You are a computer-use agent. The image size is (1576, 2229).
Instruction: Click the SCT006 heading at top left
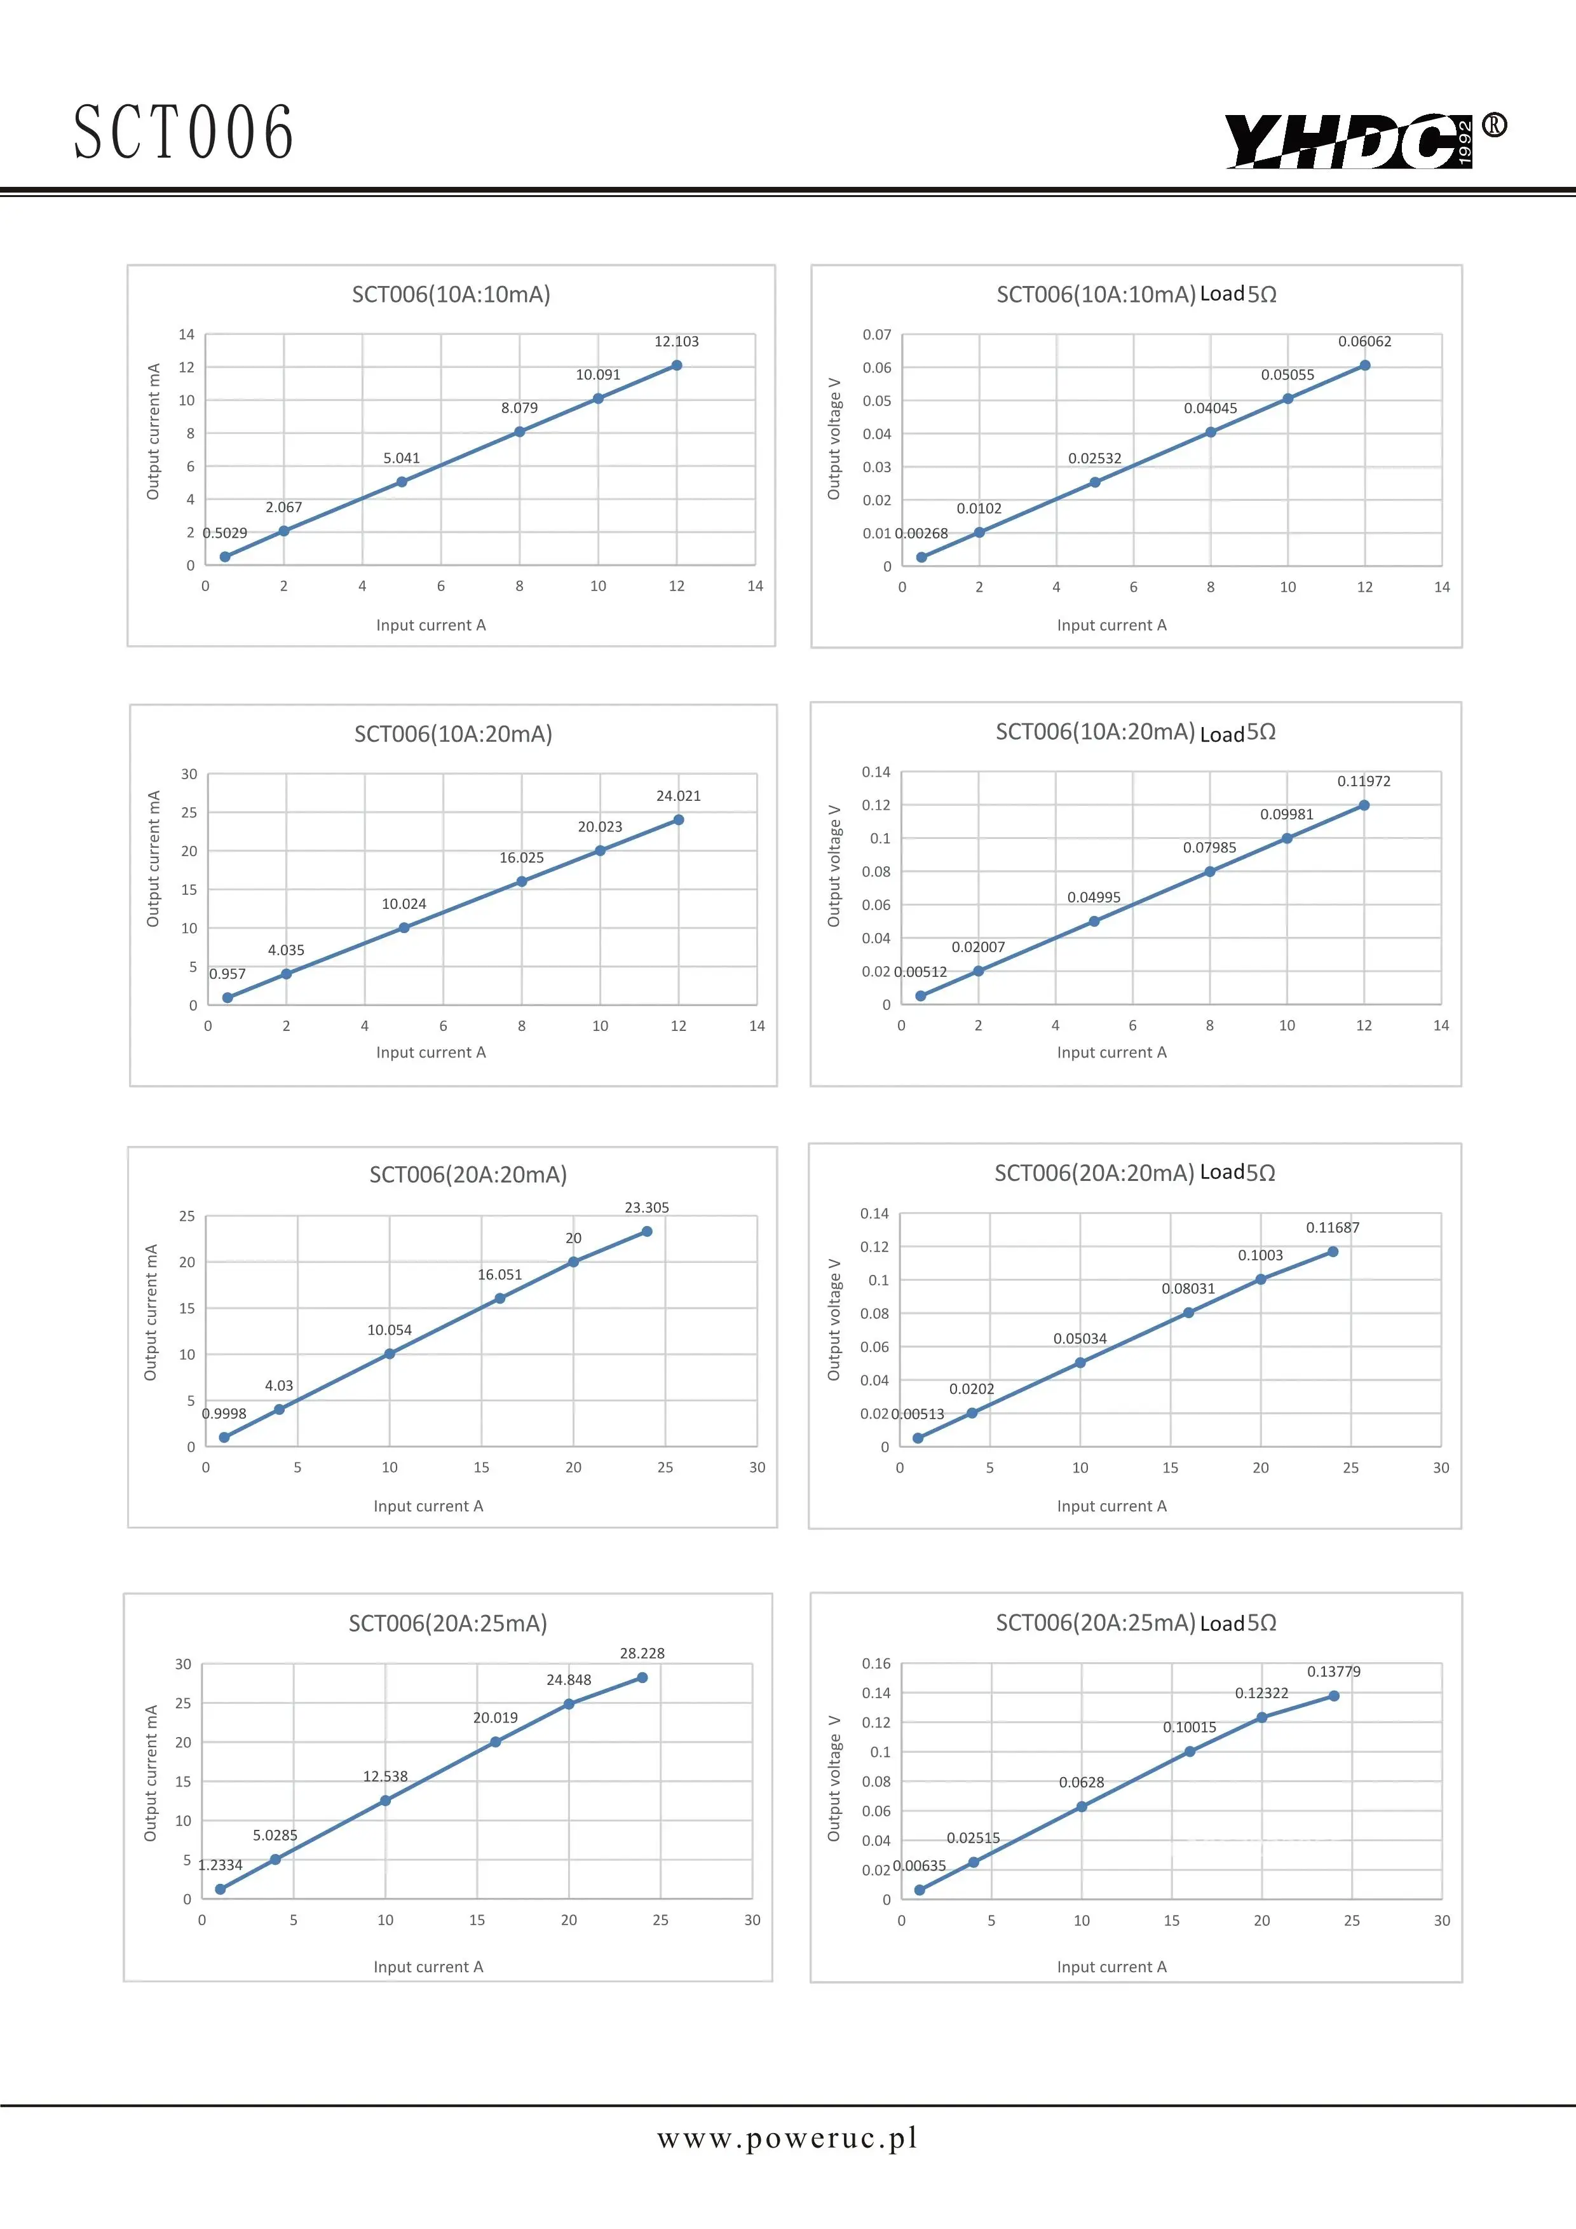184,133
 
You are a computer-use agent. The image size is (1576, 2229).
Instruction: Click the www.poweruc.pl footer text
787,2137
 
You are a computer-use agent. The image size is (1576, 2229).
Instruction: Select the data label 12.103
676,342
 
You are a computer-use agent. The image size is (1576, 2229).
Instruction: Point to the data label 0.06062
1364,342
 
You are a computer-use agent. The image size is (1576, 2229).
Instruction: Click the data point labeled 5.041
402,482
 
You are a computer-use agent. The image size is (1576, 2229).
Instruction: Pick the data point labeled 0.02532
1095,482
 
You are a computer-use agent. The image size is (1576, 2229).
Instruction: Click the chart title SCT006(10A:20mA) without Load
453,734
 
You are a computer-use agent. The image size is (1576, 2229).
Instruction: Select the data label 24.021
678,796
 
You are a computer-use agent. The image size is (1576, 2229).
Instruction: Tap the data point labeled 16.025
522,882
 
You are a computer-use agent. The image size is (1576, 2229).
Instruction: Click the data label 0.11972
1364,782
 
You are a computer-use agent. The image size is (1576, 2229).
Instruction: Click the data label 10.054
389,1330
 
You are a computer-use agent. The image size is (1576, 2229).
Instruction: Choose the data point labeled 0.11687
1333,1252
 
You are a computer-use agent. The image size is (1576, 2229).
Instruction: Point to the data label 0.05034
1080,1339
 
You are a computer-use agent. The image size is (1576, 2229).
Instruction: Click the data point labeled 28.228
642,1677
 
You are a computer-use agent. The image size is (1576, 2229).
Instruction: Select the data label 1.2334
221,1865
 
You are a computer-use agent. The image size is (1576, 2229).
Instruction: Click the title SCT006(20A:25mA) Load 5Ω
1136,1623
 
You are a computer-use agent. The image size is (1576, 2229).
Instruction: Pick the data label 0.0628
1081,1782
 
